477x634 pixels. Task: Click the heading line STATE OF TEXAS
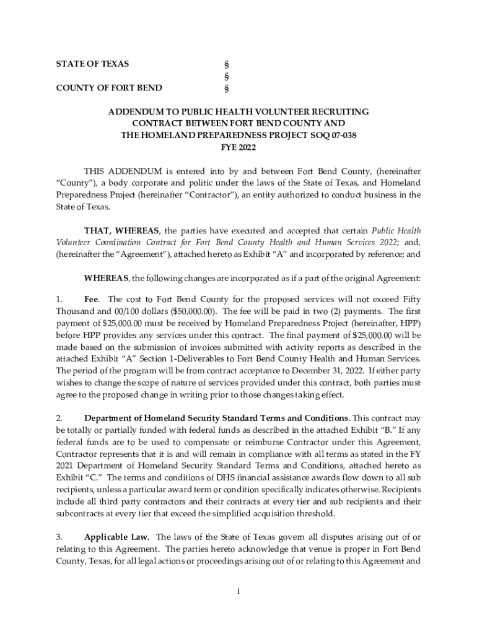pyautogui.click(x=92, y=64)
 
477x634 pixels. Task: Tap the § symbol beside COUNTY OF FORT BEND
pyautogui.click(x=225, y=88)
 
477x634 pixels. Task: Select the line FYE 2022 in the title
pyautogui.click(x=239, y=147)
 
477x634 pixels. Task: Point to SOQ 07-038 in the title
pyautogui.click(x=333, y=136)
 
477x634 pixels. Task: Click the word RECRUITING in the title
pyautogui.click(x=338, y=112)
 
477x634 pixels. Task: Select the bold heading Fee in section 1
pyautogui.click(x=91, y=300)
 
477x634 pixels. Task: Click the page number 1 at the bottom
pyautogui.click(x=239, y=592)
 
